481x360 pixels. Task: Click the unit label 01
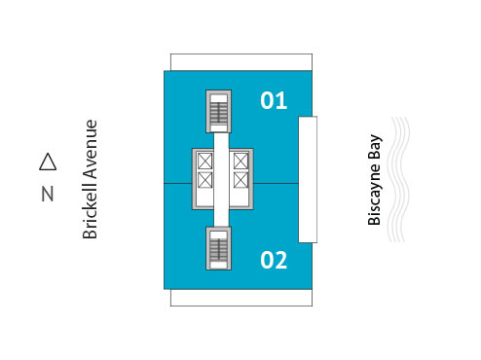[274, 99]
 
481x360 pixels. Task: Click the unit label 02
[274, 260]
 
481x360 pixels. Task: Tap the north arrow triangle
[47, 162]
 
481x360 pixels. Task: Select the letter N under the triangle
[47, 194]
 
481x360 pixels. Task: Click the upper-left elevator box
[205, 161]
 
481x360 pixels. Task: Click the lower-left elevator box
[205, 179]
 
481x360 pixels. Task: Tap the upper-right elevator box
[240, 161]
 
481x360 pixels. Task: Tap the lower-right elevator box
[240, 179]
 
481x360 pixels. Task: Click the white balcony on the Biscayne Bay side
[308, 180]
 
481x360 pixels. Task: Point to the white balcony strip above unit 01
[240, 61]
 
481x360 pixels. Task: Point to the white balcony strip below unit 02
[240, 297]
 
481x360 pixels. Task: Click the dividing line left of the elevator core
[178, 183]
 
